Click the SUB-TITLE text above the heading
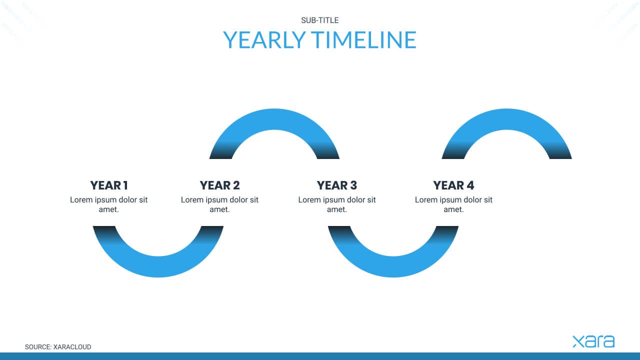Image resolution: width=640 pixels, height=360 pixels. click(319, 20)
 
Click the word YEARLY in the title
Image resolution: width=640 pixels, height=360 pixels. click(264, 39)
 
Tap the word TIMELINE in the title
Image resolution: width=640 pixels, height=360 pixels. click(363, 39)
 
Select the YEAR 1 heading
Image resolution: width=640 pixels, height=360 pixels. click(109, 185)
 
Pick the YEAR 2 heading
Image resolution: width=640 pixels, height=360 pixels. click(219, 185)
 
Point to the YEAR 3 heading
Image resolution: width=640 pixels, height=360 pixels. click(337, 185)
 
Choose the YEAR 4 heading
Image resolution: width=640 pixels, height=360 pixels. click(453, 185)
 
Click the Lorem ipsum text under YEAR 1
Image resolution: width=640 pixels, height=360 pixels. click(109, 204)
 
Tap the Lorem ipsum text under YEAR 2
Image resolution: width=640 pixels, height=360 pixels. click(219, 204)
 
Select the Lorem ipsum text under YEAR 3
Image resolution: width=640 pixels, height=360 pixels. click(337, 204)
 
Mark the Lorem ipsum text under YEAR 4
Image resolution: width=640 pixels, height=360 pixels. click(453, 204)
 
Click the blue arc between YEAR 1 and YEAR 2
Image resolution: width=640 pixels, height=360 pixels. click(158, 267)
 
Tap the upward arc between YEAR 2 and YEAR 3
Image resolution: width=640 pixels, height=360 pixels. click(274, 119)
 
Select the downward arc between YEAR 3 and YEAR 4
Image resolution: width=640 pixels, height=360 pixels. click(393, 267)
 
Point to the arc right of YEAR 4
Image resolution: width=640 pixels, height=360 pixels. click(506, 119)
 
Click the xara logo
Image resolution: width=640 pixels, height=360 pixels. click(593, 341)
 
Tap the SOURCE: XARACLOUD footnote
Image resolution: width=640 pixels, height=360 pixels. click(58, 347)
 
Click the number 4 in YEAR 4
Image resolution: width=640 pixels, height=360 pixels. click(470, 185)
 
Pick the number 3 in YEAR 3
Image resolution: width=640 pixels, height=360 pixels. click(353, 185)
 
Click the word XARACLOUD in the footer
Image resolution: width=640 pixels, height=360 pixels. click(72, 347)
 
